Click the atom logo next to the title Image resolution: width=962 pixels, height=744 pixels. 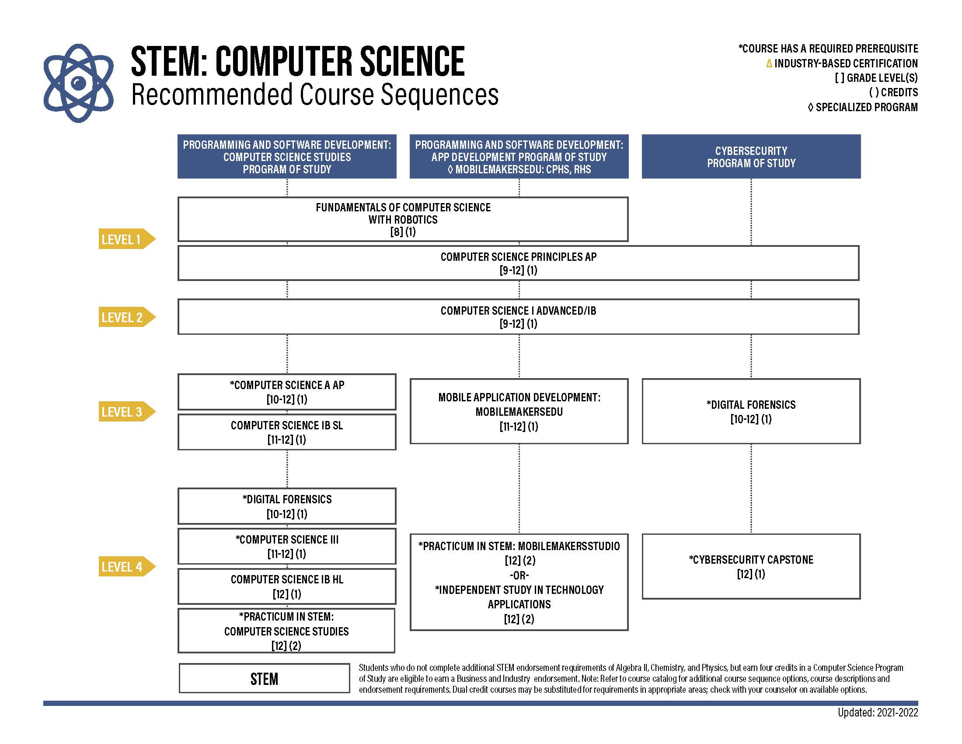78,83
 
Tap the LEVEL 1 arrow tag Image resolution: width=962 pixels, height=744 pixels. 127,239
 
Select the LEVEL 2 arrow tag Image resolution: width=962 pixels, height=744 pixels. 127,317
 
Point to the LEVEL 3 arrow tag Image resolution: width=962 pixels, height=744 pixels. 127,412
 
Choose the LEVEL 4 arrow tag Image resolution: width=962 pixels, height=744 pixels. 127,566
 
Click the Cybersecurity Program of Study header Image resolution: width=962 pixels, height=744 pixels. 751,157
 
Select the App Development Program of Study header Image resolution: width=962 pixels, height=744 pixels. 519,157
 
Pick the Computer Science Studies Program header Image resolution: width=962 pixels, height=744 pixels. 287,157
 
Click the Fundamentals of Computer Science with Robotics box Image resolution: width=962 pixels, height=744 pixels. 403,219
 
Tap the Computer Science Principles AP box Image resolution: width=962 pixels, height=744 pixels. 519,263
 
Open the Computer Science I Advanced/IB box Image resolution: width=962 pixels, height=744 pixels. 519,317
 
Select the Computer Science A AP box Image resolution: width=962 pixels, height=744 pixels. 287,392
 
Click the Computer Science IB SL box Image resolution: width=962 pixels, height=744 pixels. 287,432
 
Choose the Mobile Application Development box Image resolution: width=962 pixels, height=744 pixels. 519,411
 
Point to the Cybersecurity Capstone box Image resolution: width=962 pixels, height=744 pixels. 751,566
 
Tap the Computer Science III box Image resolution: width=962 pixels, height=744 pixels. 287,546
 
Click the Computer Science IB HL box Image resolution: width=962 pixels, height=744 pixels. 287,586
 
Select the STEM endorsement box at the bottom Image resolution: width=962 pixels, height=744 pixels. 264,678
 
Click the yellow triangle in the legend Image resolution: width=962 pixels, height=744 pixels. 769,63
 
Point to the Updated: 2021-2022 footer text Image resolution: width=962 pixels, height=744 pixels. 878,712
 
